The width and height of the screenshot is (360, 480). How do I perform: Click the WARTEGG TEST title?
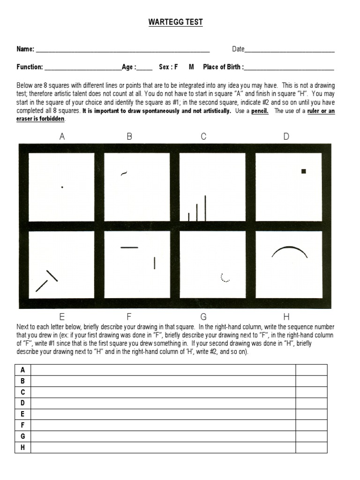click(x=176, y=22)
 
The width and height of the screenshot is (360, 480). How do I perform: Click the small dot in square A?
click(x=62, y=187)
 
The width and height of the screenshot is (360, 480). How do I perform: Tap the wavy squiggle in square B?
click(x=124, y=173)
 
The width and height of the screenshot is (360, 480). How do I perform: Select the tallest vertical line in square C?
click(x=205, y=208)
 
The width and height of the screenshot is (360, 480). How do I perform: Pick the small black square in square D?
click(x=304, y=172)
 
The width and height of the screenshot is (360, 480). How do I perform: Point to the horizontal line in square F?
click(x=129, y=247)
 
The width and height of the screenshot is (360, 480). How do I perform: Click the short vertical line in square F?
click(x=155, y=263)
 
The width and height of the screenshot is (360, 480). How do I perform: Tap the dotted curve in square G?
click(x=225, y=278)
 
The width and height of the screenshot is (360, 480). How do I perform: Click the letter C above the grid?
click(x=203, y=136)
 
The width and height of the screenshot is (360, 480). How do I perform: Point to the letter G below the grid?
click(x=203, y=316)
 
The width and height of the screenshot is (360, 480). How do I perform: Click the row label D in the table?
click(x=22, y=403)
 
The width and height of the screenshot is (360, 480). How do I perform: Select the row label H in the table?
click(x=22, y=448)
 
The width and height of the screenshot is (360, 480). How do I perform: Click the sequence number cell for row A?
click(x=311, y=370)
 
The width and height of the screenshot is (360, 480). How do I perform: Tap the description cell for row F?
click(x=163, y=426)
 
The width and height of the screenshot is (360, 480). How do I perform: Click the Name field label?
click(x=25, y=49)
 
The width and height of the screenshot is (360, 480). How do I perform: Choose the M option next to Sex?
click(x=191, y=67)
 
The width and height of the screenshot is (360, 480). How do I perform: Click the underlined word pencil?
click(x=260, y=111)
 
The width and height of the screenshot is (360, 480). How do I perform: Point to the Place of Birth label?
click(x=223, y=67)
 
